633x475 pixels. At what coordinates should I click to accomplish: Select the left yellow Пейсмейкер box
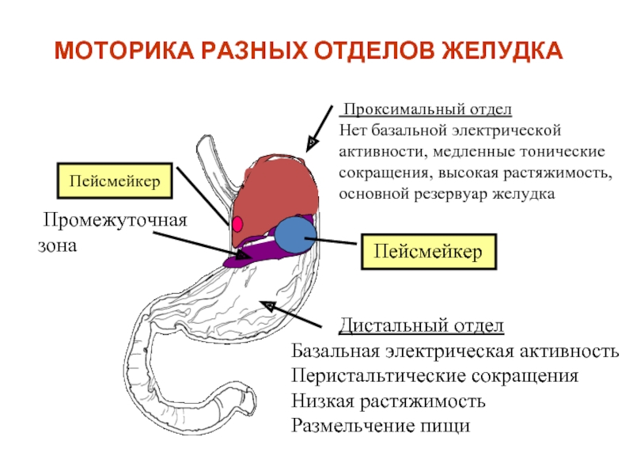[x=115, y=180]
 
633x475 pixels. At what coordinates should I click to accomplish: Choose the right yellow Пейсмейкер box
[x=428, y=251]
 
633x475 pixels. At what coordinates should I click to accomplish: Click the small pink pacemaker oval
[x=237, y=224]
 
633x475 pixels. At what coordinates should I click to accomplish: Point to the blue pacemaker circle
[x=295, y=234]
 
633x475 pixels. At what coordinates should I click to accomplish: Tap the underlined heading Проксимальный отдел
[x=427, y=109]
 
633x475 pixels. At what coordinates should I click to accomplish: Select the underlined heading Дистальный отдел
[x=421, y=325]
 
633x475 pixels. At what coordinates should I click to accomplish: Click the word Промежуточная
[x=115, y=221]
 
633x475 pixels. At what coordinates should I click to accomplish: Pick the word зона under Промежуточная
[x=57, y=246]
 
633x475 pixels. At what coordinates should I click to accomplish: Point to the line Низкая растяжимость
[x=389, y=401]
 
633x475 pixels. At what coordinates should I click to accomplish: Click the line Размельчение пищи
[x=381, y=425]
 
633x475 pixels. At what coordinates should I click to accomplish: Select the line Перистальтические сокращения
[x=434, y=376]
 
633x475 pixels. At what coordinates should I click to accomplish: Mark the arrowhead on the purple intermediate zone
[x=242, y=255]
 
